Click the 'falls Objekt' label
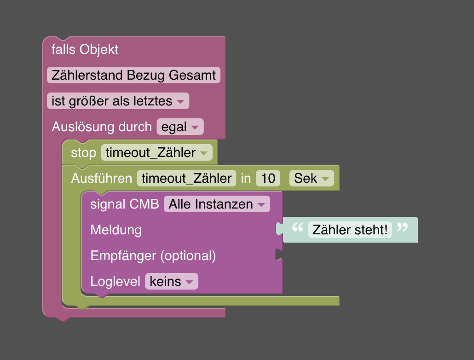[x=85, y=50]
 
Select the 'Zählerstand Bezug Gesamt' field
[x=133, y=75]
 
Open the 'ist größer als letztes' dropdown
[x=118, y=101]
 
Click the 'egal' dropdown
[x=179, y=127]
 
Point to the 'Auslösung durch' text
[x=101, y=127]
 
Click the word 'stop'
[x=83, y=153]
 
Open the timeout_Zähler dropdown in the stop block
[x=156, y=153]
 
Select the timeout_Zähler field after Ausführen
[x=186, y=179]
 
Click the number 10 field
[x=268, y=179]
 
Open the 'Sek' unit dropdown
[x=312, y=179]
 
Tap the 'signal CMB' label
[x=124, y=204]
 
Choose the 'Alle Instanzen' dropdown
[x=217, y=204]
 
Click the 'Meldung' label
[x=116, y=230]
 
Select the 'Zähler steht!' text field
[x=350, y=230]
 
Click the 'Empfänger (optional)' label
[x=153, y=255]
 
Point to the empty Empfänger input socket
[x=278, y=255]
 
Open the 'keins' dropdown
[x=171, y=281]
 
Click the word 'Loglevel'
[x=115, y=281]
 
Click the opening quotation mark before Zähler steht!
[x=298, y=227]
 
